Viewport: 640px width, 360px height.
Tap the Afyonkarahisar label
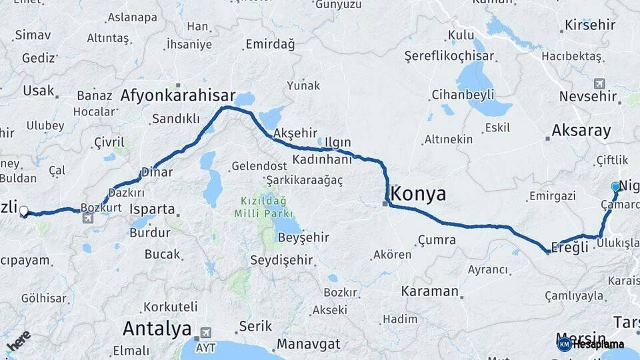178,95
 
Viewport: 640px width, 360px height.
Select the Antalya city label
157,329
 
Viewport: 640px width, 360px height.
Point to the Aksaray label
581,131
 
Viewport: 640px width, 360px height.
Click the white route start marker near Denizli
24,211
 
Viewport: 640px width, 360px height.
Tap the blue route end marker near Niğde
615,187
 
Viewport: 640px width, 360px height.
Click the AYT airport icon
205,332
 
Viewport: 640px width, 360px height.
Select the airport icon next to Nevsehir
599,83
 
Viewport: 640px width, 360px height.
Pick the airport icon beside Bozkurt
87,218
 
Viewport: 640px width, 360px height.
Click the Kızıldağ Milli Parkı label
263,207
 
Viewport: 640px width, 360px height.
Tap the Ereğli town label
571,247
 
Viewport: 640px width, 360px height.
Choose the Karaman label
430,291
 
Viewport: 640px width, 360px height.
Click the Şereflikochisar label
449,57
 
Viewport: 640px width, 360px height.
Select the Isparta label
153,209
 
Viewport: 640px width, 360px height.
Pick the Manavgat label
308,344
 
